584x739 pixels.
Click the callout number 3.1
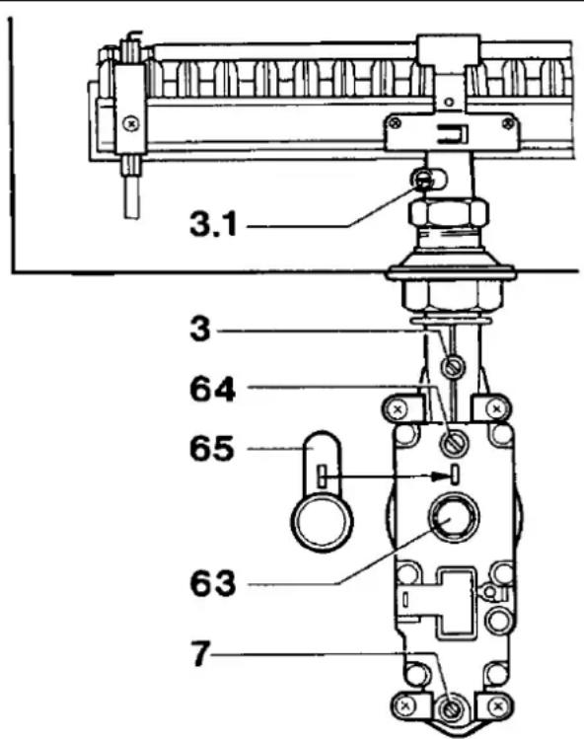[x=213, y=223]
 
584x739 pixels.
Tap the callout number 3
[x=200, y=329]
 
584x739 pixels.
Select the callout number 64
[x=212, y=390]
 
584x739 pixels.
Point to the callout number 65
[x=212, y=448]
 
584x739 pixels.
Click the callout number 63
[x=212, y=583]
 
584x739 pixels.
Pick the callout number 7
[x=200, y=653]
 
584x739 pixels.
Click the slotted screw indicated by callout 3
[x=453, y=367]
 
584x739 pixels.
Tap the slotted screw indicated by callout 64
[x=454, y=443]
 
